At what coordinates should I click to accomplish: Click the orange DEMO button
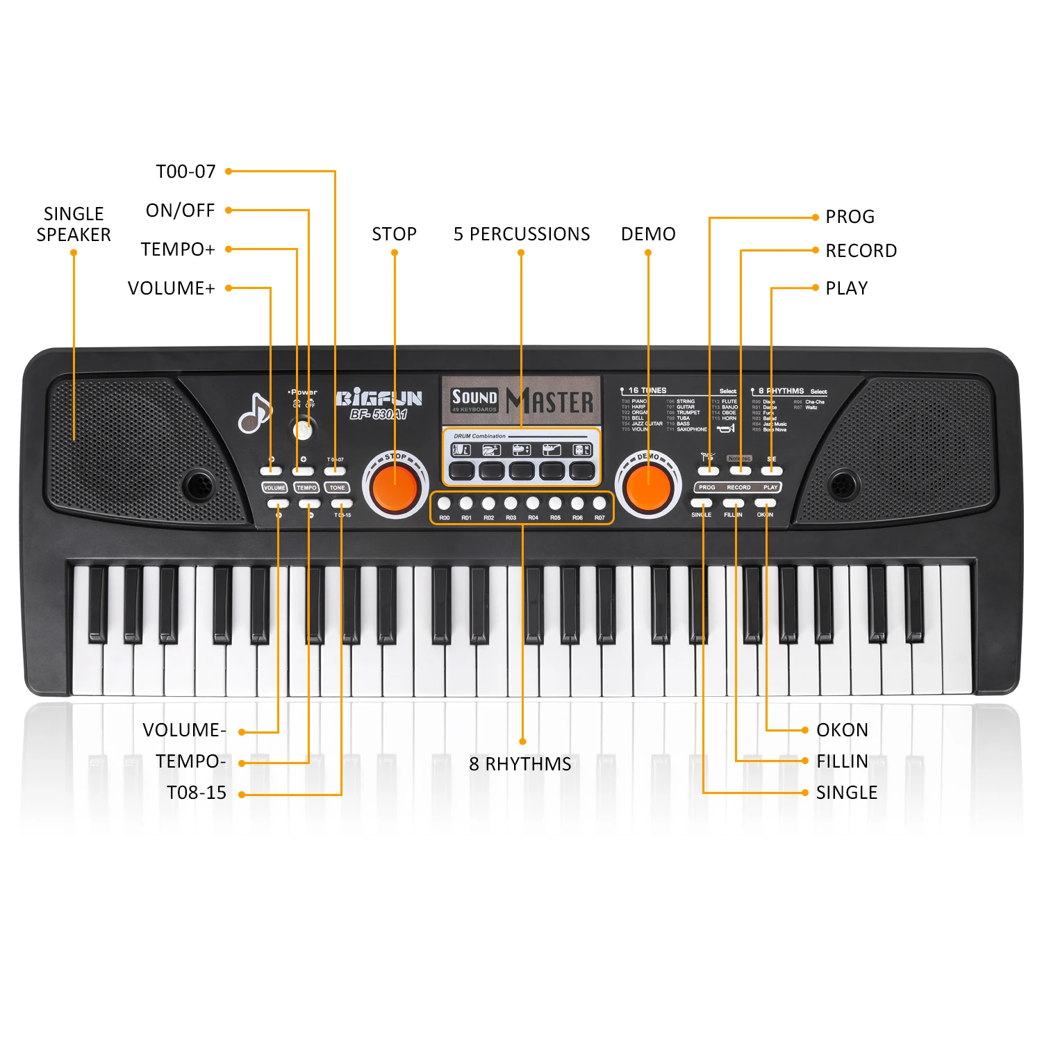point(649,486)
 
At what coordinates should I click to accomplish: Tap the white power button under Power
point(303,430)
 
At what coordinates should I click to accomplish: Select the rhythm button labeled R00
point(445,503)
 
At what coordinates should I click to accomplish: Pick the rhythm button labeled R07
point(599,503)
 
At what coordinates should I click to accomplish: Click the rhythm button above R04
point(533,503)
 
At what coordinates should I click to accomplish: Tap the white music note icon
point(255,413)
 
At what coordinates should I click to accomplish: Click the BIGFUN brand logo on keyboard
point(379,399)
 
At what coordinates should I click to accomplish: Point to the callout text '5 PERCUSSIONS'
point(522,234)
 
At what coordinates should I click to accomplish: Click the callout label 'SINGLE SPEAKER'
point(74,224)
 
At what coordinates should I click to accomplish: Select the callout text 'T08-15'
point(197,793)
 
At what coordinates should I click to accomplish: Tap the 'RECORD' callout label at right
point(861,251)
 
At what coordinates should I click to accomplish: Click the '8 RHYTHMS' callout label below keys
point(520,764)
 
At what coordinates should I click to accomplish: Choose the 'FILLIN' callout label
point(842,761)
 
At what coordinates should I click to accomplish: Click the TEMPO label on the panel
point(306,488)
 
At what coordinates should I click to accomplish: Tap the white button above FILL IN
point(734,503)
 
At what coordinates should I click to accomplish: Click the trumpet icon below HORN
point(726,429)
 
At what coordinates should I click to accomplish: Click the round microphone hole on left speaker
point(199,484)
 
